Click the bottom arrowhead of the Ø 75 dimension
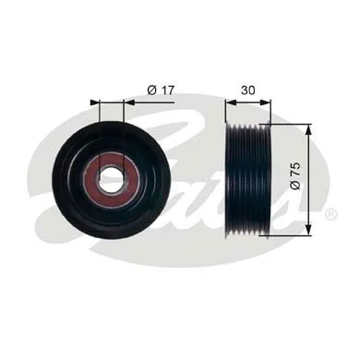[x=308, y=228]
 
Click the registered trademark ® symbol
[x=330, y=214]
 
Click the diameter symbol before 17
[x=150, y=90]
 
